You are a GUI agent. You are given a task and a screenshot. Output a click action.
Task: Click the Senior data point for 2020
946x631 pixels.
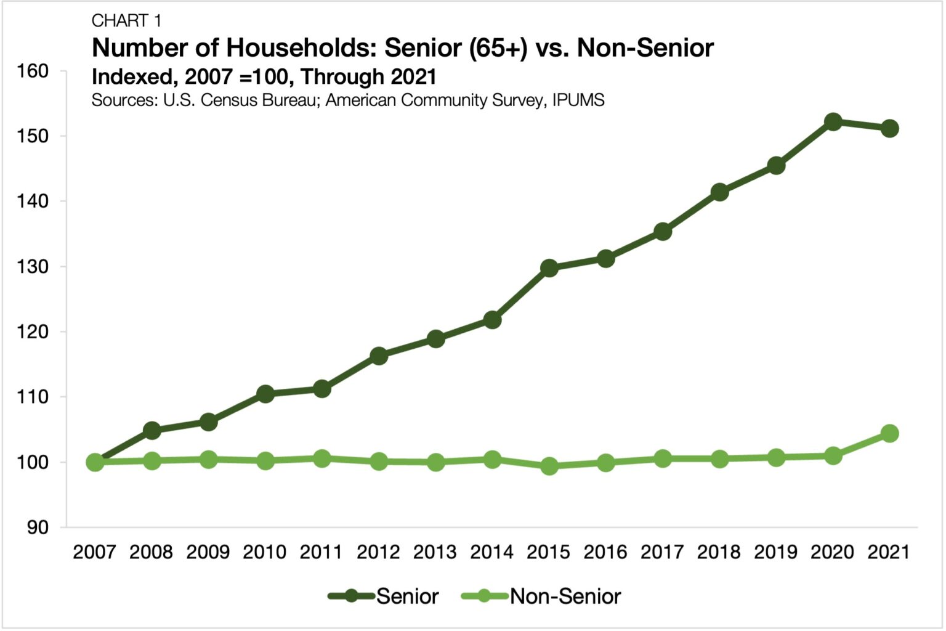point(833,122)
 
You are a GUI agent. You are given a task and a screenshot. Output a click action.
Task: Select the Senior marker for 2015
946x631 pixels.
point(549,268)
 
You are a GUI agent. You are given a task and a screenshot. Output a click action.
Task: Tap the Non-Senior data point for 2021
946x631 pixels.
point(889,433)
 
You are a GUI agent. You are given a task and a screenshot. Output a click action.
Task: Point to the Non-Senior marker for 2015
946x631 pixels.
point(549,466)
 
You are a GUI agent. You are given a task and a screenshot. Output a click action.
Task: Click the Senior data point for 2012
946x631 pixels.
point(379,356)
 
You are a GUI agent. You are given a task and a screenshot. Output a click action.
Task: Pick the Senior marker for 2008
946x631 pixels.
point(152,430)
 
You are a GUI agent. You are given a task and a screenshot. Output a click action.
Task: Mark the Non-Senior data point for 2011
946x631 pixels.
point(322,458)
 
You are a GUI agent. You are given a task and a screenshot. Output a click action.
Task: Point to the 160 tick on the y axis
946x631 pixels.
point(33,71)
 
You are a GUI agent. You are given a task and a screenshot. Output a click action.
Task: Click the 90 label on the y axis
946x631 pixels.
point(38,527)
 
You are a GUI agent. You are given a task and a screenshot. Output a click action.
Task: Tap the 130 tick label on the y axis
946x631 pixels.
point(33,267)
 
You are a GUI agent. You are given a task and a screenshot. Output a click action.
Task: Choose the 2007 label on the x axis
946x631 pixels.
point(94,552)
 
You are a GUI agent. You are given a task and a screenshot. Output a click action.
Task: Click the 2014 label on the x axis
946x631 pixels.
point(491,552)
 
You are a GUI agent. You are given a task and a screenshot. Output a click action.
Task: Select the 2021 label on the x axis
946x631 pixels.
point(889,552)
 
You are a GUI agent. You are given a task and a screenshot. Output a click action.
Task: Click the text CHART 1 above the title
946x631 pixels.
point(126,21)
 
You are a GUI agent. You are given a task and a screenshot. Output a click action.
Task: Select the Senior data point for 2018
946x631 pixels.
point(719,192)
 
